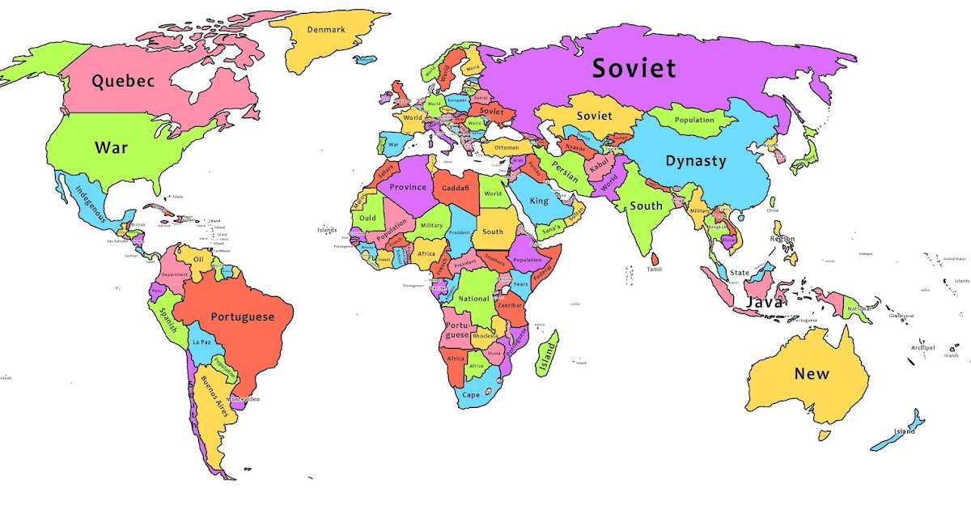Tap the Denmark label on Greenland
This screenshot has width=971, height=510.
tap(326, 30)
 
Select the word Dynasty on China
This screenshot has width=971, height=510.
tap(695, 160)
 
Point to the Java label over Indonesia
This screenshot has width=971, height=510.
tap(764, 302)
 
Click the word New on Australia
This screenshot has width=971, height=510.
tap(811, 373)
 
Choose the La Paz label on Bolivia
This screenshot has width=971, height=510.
tap(202, 342)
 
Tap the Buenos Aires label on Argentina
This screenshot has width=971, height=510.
tap(215, 395)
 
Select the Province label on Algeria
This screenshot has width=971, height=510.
tap(407, 187)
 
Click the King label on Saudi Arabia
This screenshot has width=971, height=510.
tap(539, 200)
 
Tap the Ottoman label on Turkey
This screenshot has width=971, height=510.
tap(507, 148)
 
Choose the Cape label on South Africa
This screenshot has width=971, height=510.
tap(471, 395)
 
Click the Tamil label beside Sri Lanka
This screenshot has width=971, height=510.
tap(654, 269)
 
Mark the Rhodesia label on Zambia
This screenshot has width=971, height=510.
tap(485, 336)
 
